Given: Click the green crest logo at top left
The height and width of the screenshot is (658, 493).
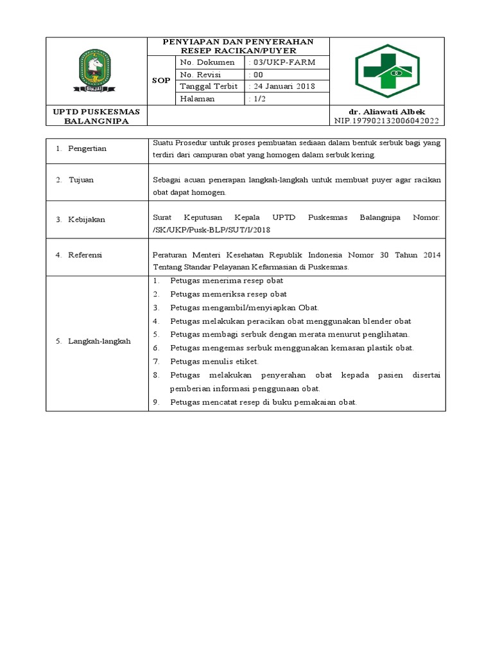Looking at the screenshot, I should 95,71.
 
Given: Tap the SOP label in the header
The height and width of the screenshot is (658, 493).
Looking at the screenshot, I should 161,81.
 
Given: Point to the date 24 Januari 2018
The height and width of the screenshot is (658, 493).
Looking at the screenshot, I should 283,87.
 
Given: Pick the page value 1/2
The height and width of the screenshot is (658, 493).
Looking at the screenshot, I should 258,99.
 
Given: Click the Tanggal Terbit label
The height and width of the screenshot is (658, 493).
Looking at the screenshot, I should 209,87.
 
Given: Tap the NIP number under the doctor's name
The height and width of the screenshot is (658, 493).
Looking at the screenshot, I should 386,121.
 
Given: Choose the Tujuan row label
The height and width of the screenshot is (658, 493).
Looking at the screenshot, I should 81,180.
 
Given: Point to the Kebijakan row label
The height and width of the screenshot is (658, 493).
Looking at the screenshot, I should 86,219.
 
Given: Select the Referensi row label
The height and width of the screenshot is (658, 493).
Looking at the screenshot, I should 85,254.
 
